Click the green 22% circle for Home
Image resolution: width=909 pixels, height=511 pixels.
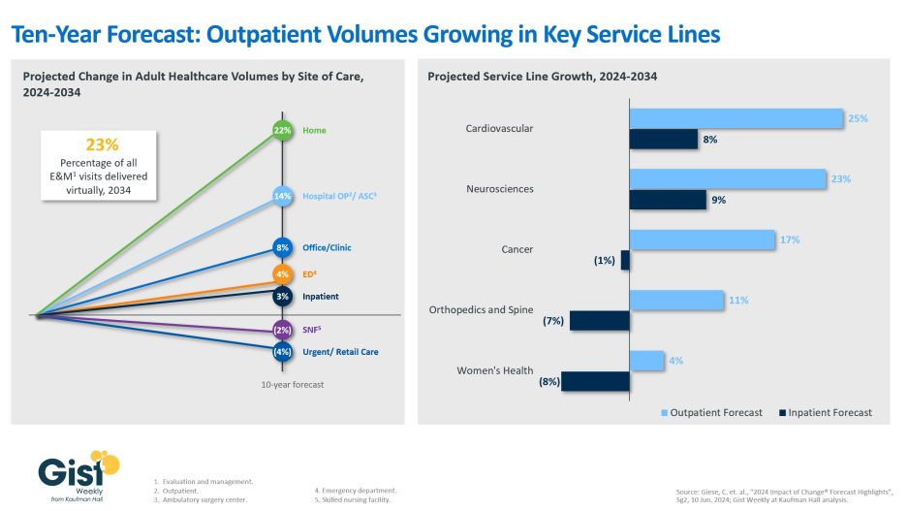click(x=283, y=130)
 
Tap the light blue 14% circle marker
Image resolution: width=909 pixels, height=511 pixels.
click(x=283, y=196)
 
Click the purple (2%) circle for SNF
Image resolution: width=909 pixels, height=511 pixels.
click(x=283, y=330)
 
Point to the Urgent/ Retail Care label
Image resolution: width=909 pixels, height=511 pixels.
click(x=340, y=352)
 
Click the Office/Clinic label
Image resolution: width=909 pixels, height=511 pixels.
click(x=327, y=247)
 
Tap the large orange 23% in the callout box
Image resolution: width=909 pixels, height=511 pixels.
click(x=102, y=144)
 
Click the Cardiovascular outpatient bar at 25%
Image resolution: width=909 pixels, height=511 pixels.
click(x=736, y=118)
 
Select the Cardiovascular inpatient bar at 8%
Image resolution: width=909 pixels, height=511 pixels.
click(x=663, y=140)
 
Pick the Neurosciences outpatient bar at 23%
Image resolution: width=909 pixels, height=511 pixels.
click(x=727, y=178)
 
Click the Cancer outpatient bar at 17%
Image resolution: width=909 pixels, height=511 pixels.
click(x=702, y=240)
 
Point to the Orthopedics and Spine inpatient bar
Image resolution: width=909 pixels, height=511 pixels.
click(x=600, y=321)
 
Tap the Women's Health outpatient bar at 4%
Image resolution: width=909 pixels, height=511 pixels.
click(x=646, y=361)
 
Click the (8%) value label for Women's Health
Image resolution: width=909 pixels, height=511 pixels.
click(x=549, y=382)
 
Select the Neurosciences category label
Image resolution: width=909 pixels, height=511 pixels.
click(x=499, y=188)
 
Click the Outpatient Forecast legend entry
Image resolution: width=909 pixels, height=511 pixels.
click(x=712, y=412)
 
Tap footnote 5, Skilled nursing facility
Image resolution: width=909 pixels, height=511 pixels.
click(x=356, y=500)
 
